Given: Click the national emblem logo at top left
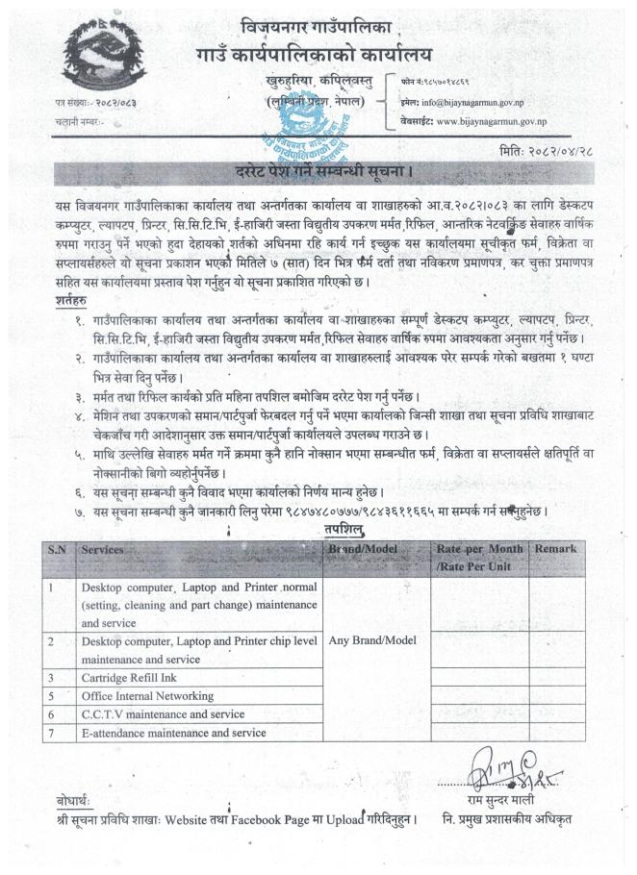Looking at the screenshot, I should click(92, 59).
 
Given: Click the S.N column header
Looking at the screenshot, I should click(59, 549).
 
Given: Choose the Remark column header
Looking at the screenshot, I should click(559, 548).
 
